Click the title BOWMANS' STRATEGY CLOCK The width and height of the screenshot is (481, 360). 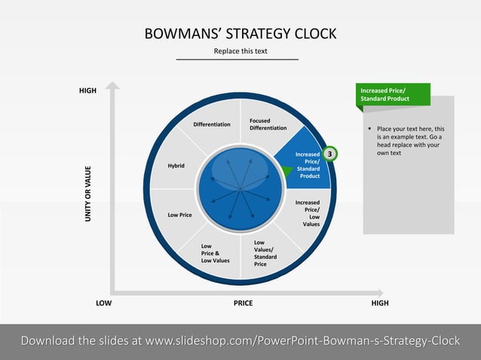(240, 34)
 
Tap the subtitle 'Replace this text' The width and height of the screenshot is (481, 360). (240, 51)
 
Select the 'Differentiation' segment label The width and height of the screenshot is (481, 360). (212, 124)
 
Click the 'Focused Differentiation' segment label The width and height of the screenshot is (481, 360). (268, 124)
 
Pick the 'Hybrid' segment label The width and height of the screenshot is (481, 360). (176, 166)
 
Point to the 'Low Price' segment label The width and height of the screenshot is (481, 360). (179, 215)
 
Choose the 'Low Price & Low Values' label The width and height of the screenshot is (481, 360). (215, 253)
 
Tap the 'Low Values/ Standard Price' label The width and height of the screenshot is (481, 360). (264, 253)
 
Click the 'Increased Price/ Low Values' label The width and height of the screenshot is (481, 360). (307, 213)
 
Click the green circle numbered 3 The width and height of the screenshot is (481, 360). (329, 154)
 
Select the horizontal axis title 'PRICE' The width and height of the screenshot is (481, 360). (243, 303)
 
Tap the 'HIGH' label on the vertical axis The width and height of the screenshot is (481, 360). (88, 91)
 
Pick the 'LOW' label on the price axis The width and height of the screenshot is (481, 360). (104, 303)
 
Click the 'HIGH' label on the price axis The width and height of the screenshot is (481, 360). (380, 303)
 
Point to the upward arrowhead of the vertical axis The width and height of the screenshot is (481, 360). (112, 86)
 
